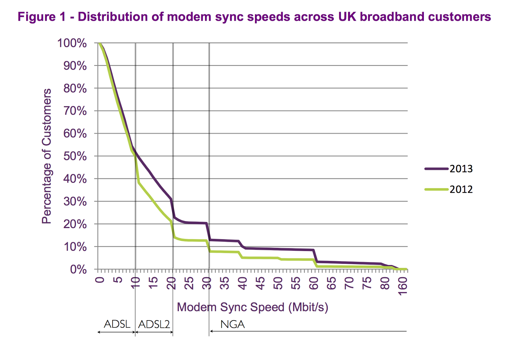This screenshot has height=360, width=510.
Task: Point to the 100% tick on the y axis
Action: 72,43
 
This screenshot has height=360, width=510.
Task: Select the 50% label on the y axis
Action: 75,156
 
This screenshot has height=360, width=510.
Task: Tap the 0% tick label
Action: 78,270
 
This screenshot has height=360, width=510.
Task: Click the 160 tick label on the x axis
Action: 403,286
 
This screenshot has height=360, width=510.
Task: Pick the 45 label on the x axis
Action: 261,283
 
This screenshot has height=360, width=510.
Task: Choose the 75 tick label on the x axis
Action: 368,283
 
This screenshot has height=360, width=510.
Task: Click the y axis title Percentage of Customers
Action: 47,156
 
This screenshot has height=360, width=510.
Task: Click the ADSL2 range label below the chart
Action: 154,324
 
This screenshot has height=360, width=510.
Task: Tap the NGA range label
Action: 232,324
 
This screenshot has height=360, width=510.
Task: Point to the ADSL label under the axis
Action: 117,324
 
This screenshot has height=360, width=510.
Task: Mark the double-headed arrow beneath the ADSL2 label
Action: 154,332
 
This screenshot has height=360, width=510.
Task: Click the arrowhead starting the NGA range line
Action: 211,331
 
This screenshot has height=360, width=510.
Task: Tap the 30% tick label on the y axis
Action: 75,202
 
